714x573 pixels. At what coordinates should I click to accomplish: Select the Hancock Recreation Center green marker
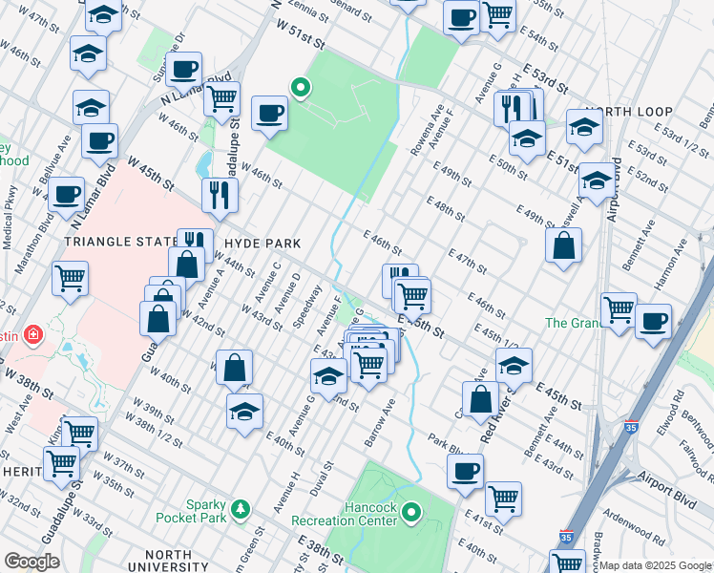[411, 513]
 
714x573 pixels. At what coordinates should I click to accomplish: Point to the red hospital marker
[33, 335]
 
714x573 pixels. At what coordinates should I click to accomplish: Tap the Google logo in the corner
[31, 562]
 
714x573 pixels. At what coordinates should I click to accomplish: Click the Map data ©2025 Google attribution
[656, 565]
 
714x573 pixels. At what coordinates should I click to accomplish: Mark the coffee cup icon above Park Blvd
[465, 471]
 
